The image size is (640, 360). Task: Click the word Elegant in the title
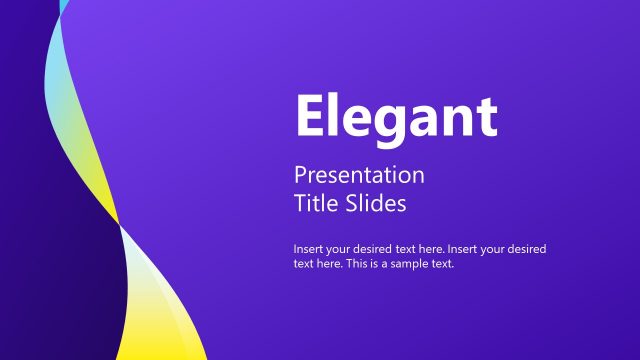(x=396, y=117)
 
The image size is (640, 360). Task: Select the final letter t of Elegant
(x=488, y=118)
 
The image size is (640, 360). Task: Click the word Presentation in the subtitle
(x=359, y=175)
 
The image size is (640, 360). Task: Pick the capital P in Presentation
(x=300, y=175)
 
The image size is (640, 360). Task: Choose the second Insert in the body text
(x=466, y=248)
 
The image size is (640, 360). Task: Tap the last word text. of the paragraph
(x=444, y=265)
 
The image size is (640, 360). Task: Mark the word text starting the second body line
(x=303, y=265)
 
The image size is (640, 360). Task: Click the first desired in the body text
(x=370, y=248)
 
